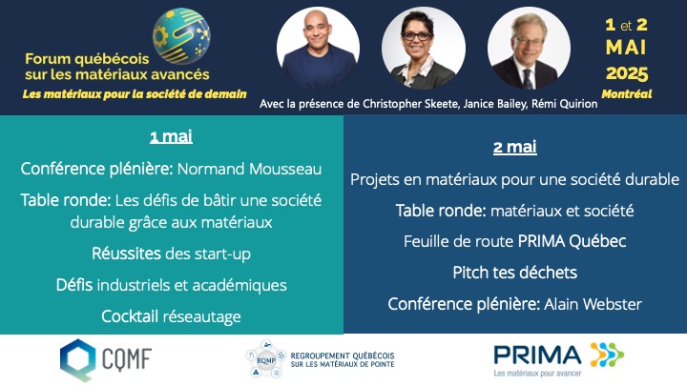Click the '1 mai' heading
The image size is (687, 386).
[x=172, y=136]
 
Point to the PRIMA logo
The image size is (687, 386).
[x=558, y=357]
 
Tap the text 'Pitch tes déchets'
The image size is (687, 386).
[x=515, y=273]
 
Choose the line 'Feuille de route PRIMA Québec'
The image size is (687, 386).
[x=515, y=241]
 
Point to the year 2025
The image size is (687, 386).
[x=626, y=72]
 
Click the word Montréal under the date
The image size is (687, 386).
[x=627, y=93]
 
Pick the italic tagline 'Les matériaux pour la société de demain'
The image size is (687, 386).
[x=135, y=93]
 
